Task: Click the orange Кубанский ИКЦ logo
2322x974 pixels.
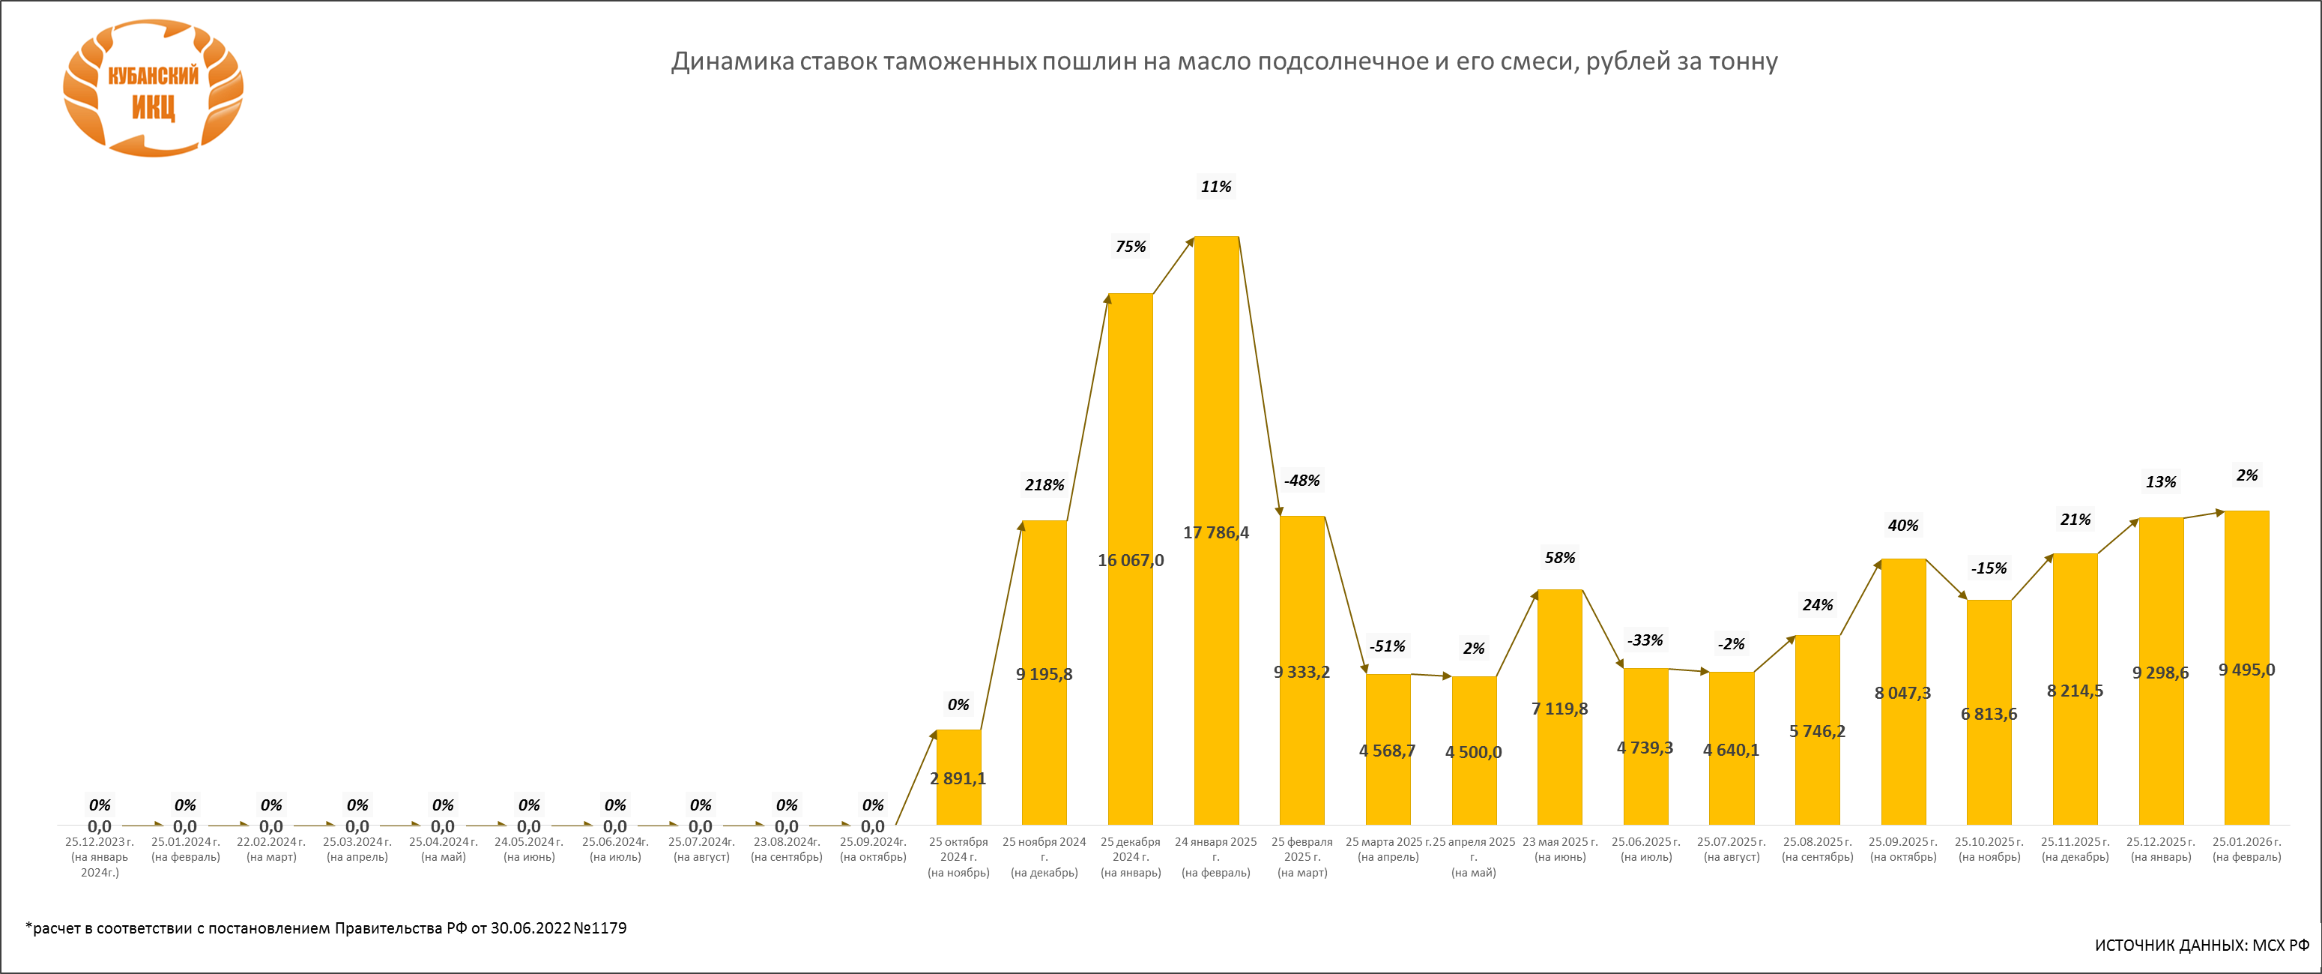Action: click(154, 88)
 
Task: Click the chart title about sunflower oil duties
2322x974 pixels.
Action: click(1224, 61)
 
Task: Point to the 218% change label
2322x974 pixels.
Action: click(1044, 485)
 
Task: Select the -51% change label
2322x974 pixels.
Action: click(1387, 646)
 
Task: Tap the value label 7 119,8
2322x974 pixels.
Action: click(1559, 709)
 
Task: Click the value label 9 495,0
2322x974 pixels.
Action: click(2246, 670)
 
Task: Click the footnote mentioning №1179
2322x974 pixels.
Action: click(326, 928)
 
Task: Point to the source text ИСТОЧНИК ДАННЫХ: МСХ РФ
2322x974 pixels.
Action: click(2201, 946)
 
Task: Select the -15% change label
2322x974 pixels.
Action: click(1989, 569)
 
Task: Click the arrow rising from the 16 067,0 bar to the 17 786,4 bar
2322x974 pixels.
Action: click(1173, 265)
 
